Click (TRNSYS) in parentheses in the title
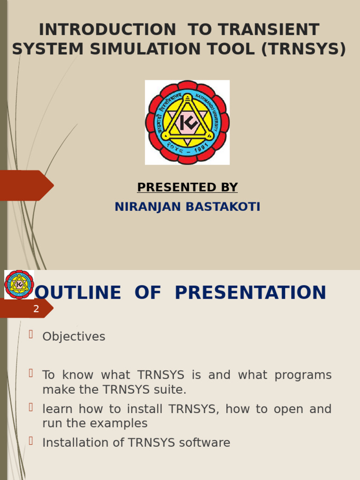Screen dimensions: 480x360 pyautogui.click(x=303, y=49)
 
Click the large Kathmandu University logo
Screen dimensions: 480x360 pyautogui.click(x=187, y=122)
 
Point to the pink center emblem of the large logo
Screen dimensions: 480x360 pyautogui.click(x=187, y=123)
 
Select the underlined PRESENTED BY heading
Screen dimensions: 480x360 pyautogui.click(x=187, y=187)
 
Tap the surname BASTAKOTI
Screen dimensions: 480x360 pyautogui.click(x=223, y=207)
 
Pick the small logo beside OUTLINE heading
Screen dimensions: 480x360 pyautogui.click(x=19, y=284)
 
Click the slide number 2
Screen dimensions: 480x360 pyautogui.click(x=36, y=309)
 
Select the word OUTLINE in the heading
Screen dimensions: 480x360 pyautogui.click(x=78, y=293)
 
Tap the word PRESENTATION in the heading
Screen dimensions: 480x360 pyautogui.click(x=250, y=293)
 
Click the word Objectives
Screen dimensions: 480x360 pyautogui.click(x=74, y=337)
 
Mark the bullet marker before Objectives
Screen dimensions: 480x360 pyautogui.click(x=31, y=334)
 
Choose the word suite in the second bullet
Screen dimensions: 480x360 pyautogui.click(x=170, y=390)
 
